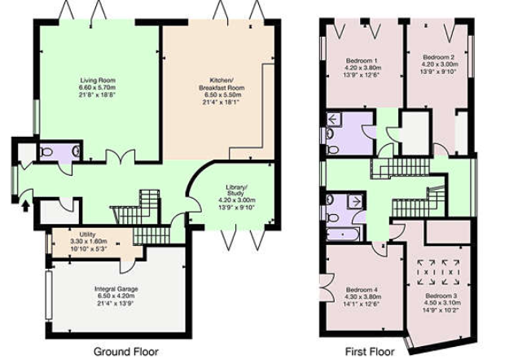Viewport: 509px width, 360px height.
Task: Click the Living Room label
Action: [98, 80]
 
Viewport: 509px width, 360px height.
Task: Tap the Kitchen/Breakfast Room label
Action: [222, 84]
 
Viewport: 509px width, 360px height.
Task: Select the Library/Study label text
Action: [236, 191]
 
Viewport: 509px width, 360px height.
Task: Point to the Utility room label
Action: [87, 235]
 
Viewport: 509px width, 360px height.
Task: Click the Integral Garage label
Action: [116, 288]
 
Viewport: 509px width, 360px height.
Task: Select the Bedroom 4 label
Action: [362, 289]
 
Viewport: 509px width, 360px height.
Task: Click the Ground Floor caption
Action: [126, 351]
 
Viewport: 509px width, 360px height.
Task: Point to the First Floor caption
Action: [370, 352]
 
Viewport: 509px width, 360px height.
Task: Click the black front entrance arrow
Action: [26, 206]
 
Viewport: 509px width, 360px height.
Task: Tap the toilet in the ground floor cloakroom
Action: [46, 151]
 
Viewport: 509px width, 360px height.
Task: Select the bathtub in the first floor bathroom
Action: [343, 234]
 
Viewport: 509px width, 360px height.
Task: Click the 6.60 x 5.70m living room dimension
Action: [97, 88]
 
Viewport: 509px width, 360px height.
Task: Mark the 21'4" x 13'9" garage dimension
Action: [116, 304]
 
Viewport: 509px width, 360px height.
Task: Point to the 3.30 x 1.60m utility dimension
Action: [89, 242]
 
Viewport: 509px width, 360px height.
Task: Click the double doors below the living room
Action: [121, 156]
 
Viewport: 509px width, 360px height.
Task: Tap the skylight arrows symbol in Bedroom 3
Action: [437, 272]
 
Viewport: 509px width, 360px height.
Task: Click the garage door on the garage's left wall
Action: [49, 295]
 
